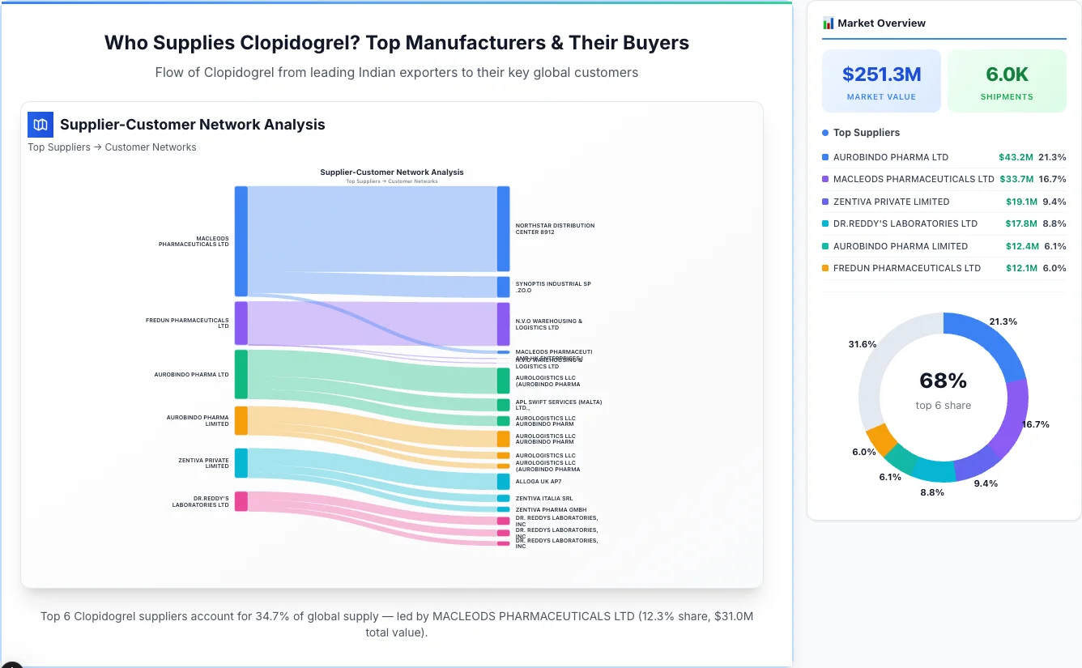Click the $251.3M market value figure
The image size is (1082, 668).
coord(881,74)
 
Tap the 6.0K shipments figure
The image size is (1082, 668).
coord(1007,74)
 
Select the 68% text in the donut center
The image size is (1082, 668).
coord(943,381)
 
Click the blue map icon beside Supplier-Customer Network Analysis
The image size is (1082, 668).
coord(40,125)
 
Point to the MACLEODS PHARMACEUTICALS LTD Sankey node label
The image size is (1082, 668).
coord(194,241)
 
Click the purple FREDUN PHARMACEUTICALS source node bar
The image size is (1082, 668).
coord(241,323)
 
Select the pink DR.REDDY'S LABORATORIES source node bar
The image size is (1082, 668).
coord(241,501)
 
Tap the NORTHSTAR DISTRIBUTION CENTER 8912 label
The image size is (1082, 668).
coord(555,228)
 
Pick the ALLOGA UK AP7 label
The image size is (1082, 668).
coord(539,481)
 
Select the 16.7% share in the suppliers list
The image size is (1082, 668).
coord(1052,179)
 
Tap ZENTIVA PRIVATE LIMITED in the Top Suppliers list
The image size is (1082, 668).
coord(891,202)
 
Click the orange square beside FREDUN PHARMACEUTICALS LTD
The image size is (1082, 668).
coord(825,268)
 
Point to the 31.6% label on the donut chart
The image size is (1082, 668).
coord(862,344)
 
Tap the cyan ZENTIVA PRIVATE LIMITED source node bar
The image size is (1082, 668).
coord(241,463)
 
